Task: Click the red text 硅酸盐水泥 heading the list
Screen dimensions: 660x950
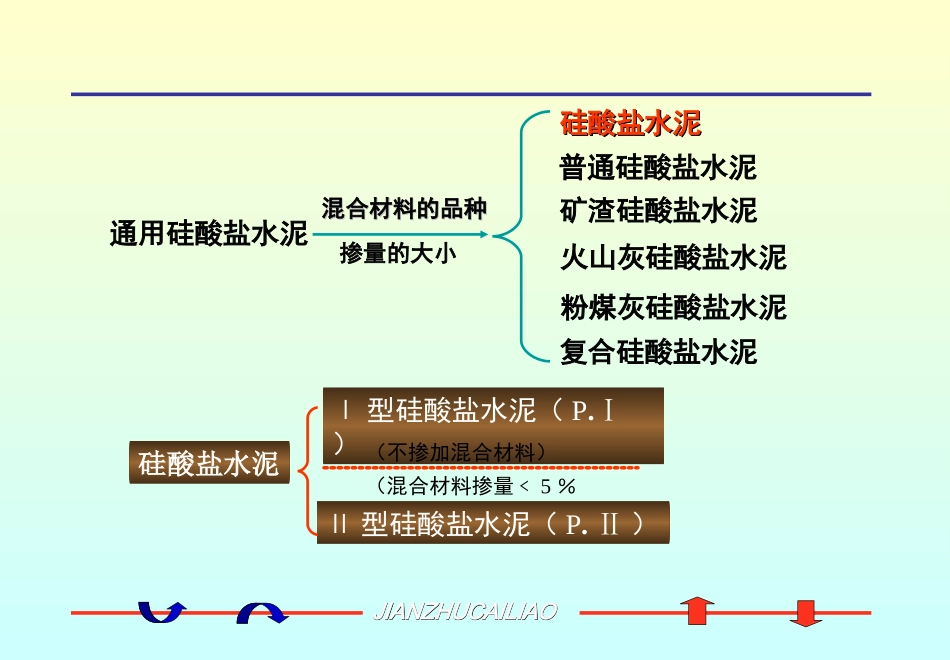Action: coord(630,124)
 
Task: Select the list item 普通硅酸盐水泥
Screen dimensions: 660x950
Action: coord(658,167)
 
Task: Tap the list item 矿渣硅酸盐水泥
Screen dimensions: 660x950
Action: coord(658,211)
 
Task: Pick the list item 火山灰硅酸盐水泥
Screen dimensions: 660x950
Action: coord(673,257)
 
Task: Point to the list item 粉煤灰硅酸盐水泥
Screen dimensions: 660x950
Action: coord(673,306)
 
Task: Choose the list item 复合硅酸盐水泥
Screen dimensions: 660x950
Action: coord(658,351)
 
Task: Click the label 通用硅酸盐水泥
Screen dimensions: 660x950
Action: coord(208,235)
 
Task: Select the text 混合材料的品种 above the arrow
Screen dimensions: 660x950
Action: coord(404,209)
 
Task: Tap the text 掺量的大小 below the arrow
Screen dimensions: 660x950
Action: coord(398,253)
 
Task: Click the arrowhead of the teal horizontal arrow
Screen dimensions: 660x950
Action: coord(483,235)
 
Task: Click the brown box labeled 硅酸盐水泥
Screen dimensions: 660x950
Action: coord(208,464)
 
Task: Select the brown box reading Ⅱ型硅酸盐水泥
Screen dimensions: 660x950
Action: coord(492,523)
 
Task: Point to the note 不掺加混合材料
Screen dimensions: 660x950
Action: coord(461,452)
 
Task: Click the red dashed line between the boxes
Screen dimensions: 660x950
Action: coord(480,467)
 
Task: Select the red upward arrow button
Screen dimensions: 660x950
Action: coord(697,611)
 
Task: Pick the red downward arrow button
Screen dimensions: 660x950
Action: coord(805,612)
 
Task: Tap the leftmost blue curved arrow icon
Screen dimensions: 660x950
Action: coord(161,611)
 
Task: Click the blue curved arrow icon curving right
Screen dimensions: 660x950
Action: coord(262,612)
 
